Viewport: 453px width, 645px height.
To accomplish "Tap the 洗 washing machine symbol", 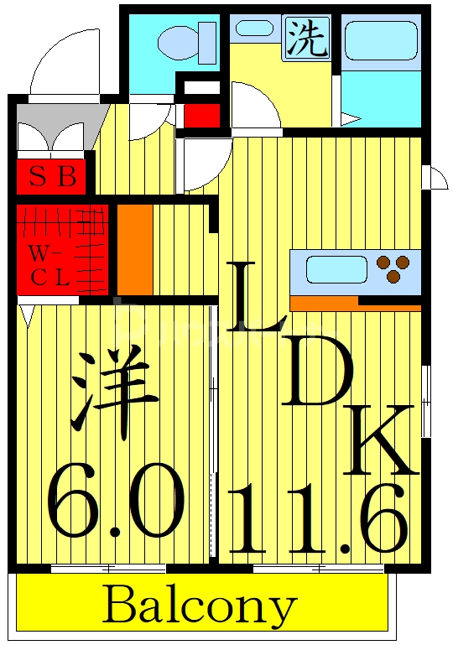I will point(306,39).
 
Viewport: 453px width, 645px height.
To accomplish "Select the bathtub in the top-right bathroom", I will point(380,41).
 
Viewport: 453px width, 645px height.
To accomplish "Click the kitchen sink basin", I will point(336,270).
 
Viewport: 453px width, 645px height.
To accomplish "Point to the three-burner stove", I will point(393,268).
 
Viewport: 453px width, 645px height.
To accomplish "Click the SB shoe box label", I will point(52,177).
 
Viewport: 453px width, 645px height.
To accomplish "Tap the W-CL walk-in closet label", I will point(50,265).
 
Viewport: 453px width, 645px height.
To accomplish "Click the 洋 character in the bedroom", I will point(116,391).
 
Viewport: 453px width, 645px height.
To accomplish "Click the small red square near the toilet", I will point(200,114).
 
